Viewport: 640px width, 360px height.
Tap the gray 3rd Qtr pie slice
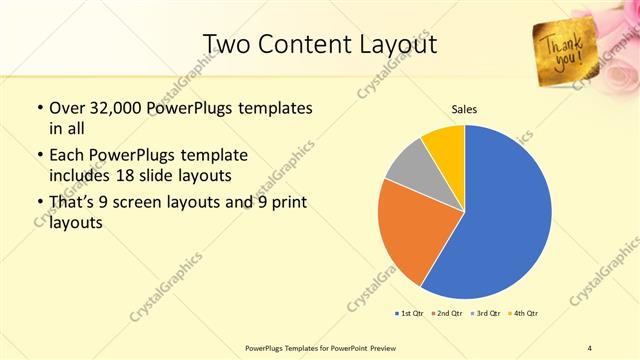(410, 168)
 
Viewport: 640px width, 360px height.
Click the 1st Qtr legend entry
(409, 313)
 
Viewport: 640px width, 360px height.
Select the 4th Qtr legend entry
(523, 313)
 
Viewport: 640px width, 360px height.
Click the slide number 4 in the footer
(589, 347)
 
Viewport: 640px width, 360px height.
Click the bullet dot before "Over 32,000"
(38, 107)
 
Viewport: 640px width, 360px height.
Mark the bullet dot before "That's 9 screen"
(38, 203)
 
